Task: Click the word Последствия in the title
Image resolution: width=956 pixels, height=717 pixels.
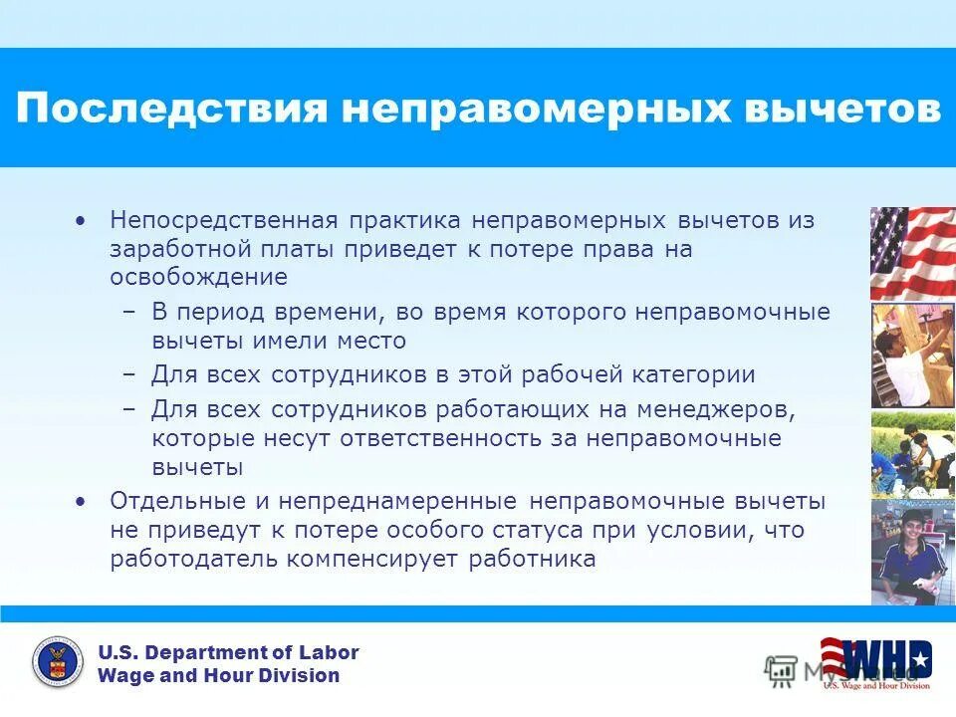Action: pos(171,109)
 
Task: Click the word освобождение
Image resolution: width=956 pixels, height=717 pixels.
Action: pos(199,277)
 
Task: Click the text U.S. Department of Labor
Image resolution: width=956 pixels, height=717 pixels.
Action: pos(228,653)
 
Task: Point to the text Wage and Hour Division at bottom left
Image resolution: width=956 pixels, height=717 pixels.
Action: pos(218,676)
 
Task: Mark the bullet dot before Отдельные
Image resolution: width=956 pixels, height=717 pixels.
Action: pos(82,500)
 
